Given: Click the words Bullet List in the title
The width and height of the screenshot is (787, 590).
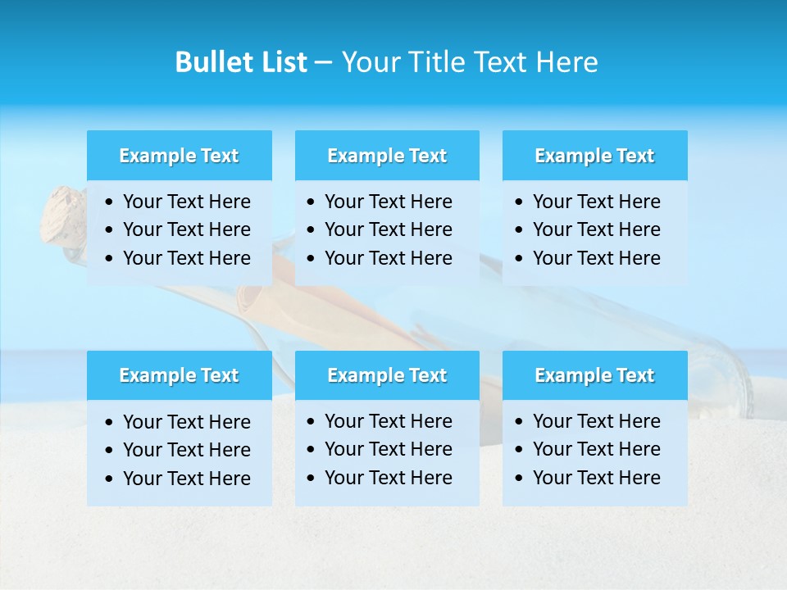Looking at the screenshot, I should pyautogui.click(x=240, y=62).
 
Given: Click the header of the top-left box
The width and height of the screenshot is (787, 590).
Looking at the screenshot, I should pyautogui.click(x=179, y=156).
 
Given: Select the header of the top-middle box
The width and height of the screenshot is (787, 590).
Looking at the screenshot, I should pyautogui.click(x=387, y=156).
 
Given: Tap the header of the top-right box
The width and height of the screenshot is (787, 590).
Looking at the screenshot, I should pyautogui.click(x=594, y=156).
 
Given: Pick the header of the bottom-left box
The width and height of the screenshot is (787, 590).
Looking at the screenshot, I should pyautogui.click(x=179, y=375).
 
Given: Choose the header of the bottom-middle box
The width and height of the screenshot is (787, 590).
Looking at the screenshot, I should pyautogui.click(x=387, y=375).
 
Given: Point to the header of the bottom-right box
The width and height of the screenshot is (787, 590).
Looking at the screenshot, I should pyautogui.click(x=594, y=375).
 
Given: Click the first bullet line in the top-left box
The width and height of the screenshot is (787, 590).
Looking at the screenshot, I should pyautogui.click(x=186, y=202).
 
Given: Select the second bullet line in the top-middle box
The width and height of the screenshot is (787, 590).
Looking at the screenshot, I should pyautogui.click(x=388, y=229).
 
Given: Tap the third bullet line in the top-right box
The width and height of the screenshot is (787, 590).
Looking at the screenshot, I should pyautogui.click(x=596, y=257).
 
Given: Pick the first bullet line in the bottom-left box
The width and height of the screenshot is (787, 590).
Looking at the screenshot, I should pyautogui.click(x=186, y=422).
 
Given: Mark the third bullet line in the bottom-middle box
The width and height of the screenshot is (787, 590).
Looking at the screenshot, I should pyautogui.click(x=388, y=477).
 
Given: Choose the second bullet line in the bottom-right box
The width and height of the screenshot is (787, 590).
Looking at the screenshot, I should pyautogui.click(x=596, y=449).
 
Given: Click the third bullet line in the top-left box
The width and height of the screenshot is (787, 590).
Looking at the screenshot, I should pyautogui.click(x=186, y=258).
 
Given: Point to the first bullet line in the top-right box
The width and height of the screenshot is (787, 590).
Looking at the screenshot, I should pyautogui.click(x=596, y=202).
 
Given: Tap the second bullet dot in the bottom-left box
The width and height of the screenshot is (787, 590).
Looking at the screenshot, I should pyautogui.click(x=110, y=451).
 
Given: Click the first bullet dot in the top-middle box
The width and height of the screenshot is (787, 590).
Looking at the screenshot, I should pyautogui.click(x=311, y=202).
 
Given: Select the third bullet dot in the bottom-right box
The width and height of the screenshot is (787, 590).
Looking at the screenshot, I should pyautogui.click(x=519, y=478).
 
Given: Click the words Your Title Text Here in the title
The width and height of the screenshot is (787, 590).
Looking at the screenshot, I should pyautogui.click(x=469, y=62).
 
